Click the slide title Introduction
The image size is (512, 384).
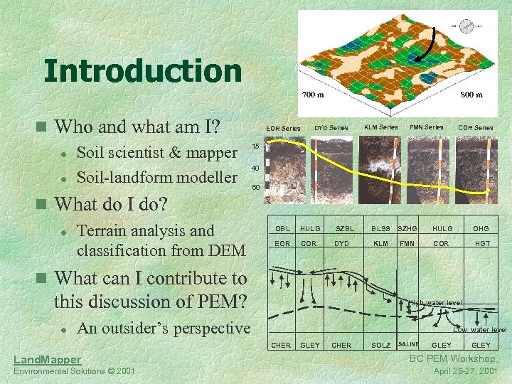click(x=142, y=71)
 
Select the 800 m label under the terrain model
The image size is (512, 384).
click(x=470, y=95)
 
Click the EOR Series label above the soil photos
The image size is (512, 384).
click(x=283, y=128)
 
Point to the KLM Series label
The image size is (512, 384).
click(x=381, y=127)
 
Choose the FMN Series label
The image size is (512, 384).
click(x=427, y=127)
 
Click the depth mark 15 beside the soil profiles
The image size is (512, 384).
click(x=255, y=146)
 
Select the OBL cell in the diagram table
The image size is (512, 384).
click(x=282, y=228)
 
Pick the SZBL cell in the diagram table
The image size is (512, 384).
click(x=344, y=228)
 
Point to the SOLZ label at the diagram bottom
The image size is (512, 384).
click(x=381, y=346)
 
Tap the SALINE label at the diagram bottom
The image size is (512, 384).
click(x=409, y=345)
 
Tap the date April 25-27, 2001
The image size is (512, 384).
click(x=466, y=372)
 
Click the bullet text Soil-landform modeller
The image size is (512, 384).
click(x=156, y=176)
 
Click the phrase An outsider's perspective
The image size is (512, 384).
click(x=163, y=328)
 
